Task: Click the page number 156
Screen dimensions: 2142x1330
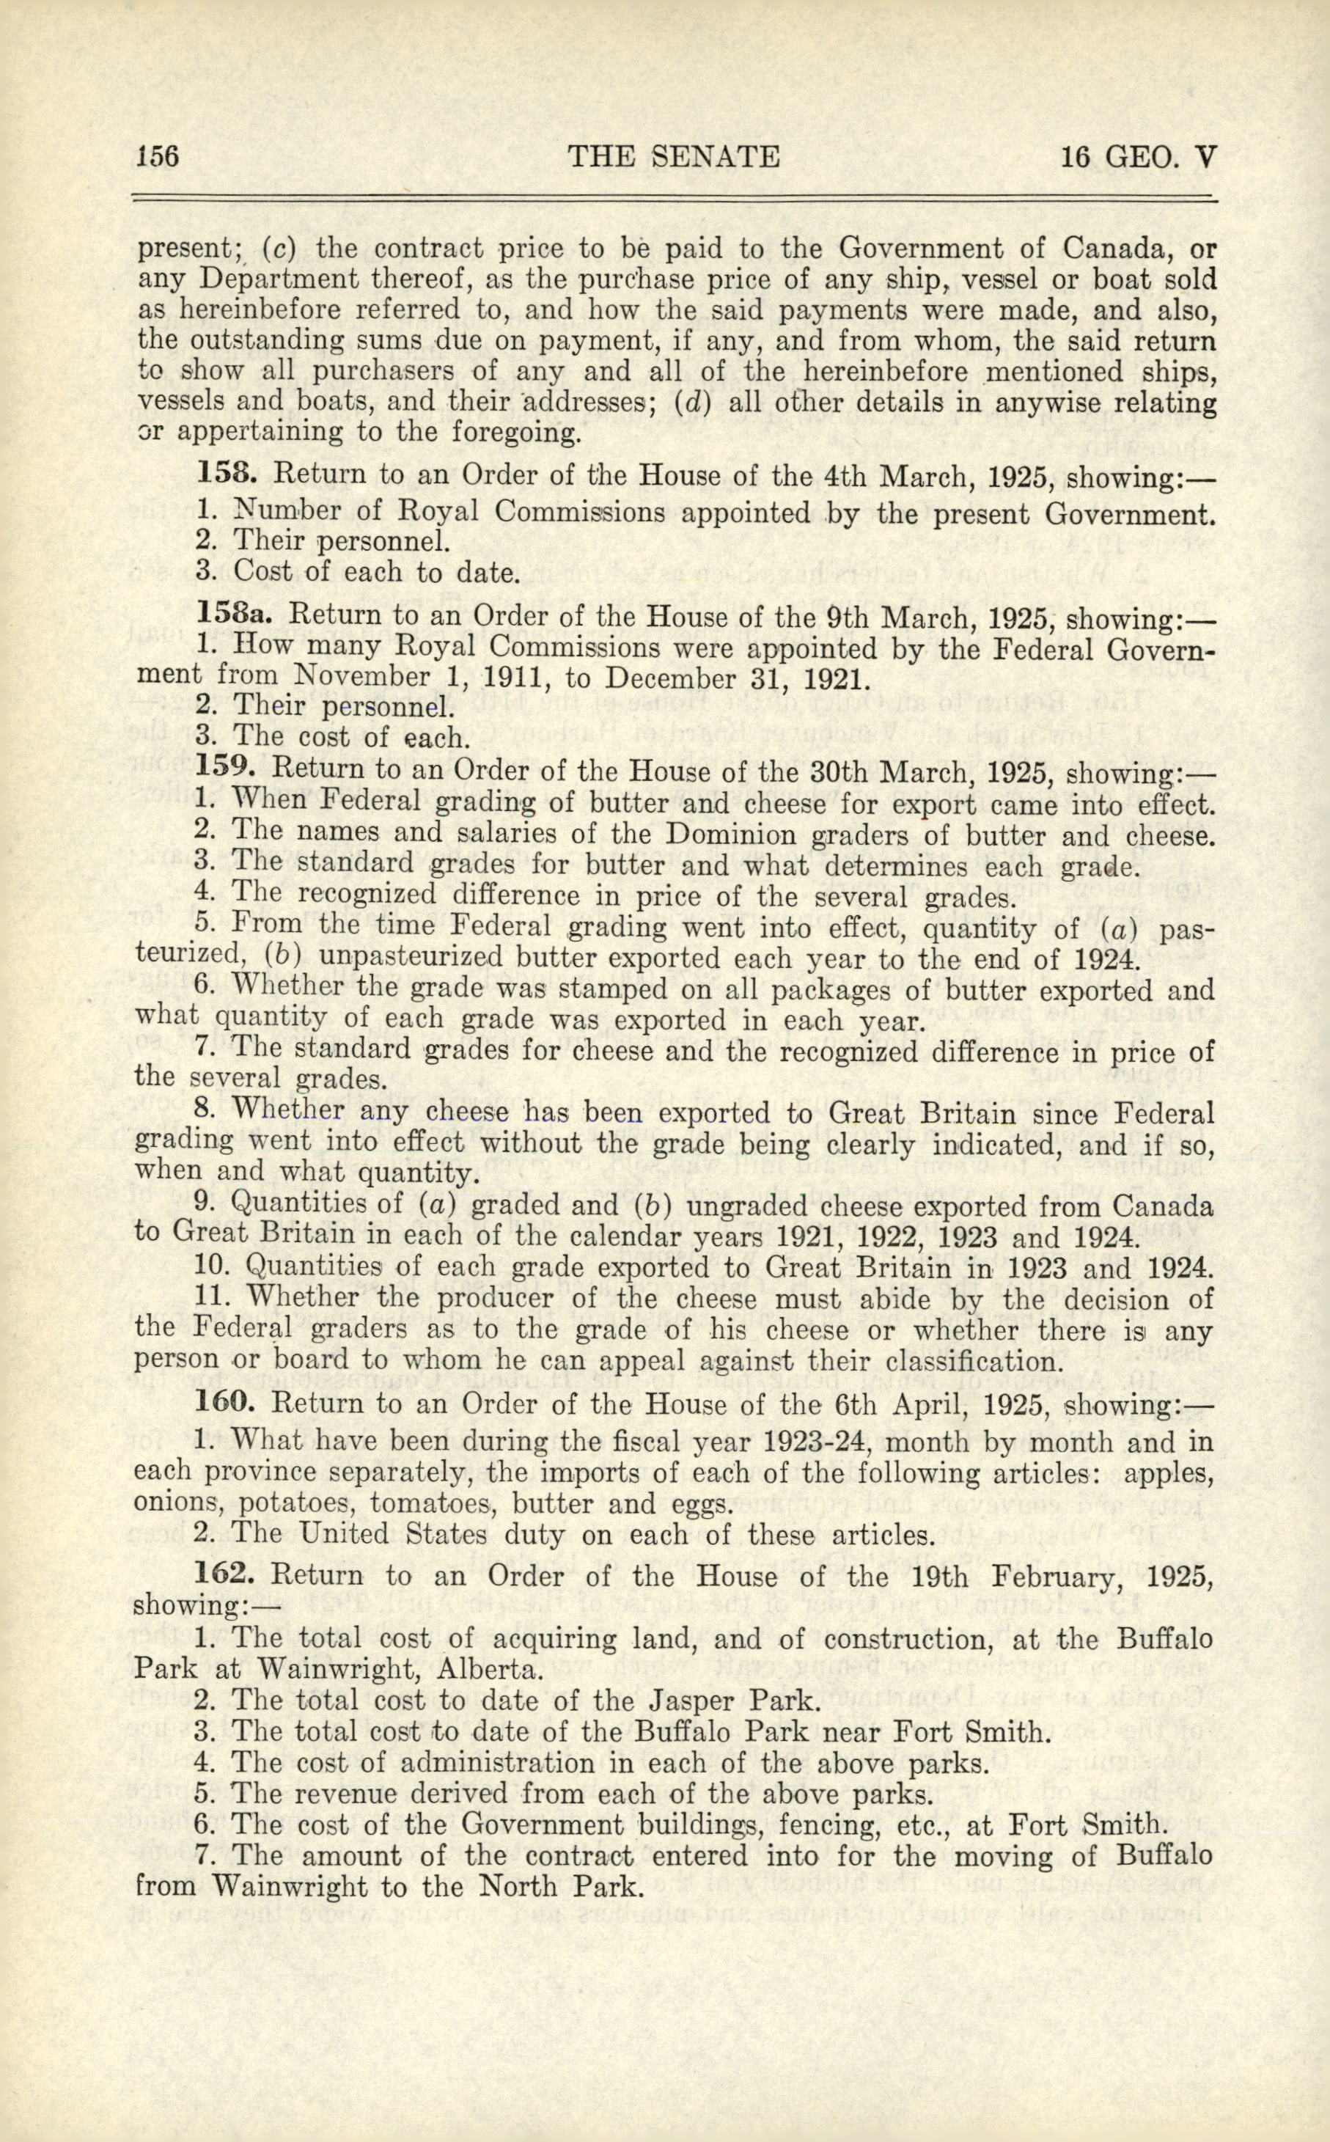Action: click(158, 157)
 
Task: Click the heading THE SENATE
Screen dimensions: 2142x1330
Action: click(674, 157)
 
